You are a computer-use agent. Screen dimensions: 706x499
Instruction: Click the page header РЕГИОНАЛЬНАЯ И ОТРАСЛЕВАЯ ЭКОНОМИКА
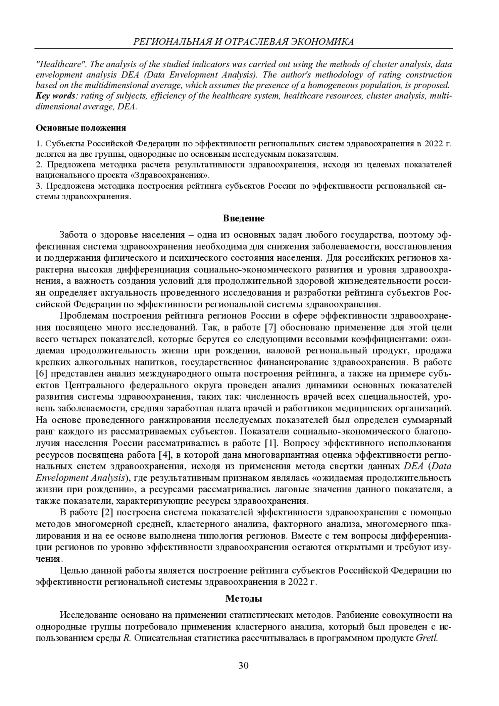244,42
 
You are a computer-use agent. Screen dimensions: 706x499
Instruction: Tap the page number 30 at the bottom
244,666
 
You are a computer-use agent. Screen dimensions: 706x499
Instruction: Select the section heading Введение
244,218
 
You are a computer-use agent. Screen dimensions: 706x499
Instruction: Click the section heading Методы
244,599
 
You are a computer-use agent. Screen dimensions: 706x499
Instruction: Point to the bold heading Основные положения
81,128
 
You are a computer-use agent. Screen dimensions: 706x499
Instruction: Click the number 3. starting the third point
40,185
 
